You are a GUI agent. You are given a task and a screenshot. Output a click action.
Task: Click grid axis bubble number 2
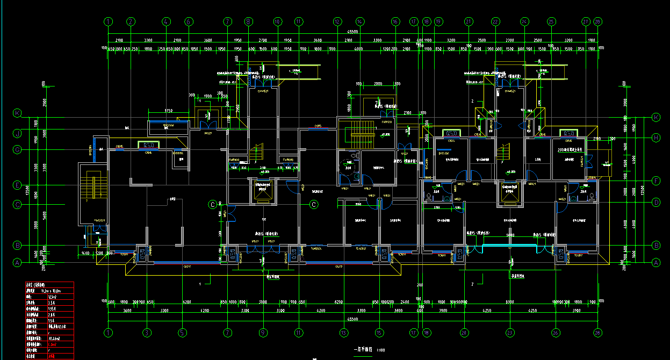pos(131,22)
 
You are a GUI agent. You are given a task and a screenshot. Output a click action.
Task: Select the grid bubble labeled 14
pos(359,22)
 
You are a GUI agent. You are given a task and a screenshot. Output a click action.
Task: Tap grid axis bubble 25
pos(551,22)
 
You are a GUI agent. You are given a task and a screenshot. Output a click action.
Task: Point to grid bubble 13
pos(343,333)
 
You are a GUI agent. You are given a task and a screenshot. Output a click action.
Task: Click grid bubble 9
pos(263,333)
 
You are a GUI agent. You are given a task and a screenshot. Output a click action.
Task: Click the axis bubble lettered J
pos(17,133)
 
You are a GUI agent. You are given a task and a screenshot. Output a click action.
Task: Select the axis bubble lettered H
pos(656,138)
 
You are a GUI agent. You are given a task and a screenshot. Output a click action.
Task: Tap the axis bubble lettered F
pos(656,181)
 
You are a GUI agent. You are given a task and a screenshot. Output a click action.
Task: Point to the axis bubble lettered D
pos(656,203)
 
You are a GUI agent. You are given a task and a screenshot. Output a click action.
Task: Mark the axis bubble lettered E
pos(17,185)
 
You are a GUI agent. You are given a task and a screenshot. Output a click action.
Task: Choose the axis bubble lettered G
pos(17,150)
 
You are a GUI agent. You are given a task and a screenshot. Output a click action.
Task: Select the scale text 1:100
pos(380,350)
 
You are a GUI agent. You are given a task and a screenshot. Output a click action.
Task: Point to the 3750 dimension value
pos(168,110)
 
